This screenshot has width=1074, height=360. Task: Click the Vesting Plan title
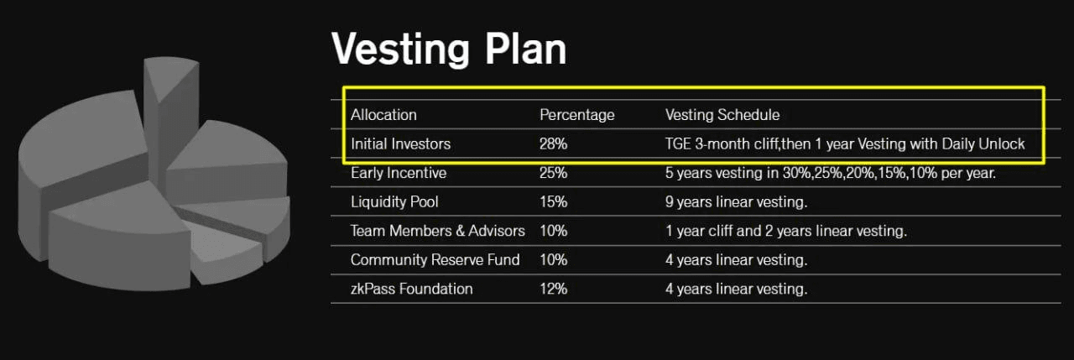tap(449, 49)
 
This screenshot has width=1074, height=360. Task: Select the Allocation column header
tap(383, 115)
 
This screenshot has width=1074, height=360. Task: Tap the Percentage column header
tap(576, 115)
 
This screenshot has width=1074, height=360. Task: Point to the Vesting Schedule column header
tap(722, 115)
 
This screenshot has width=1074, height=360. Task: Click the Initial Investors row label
tap(400, 143)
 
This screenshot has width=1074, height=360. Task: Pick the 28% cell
tap(553, 143)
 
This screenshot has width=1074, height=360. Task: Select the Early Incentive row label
tap(399, 173)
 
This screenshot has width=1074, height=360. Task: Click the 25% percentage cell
tap(553, 173)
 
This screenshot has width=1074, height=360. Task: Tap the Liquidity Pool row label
tap(394, 201)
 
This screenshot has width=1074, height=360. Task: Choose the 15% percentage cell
tap(553, 201)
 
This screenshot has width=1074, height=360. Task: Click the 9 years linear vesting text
tap(736, 201)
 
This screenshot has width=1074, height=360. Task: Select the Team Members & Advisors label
tap(437, 231)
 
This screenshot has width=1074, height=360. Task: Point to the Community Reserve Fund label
tap(435, 260)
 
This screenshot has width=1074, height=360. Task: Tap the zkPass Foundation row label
tap(411, 289)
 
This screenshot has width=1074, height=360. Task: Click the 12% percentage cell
tap(553, 289)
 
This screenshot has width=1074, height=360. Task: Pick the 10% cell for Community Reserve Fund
tap(553, 260)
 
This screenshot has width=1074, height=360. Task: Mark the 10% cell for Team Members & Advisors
tap(553, 231)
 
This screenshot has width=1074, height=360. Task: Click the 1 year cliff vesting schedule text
tap(786, 231)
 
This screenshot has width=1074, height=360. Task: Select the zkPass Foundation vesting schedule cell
tap(736, 289)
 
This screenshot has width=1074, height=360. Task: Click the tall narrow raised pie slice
tap(171, 115)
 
